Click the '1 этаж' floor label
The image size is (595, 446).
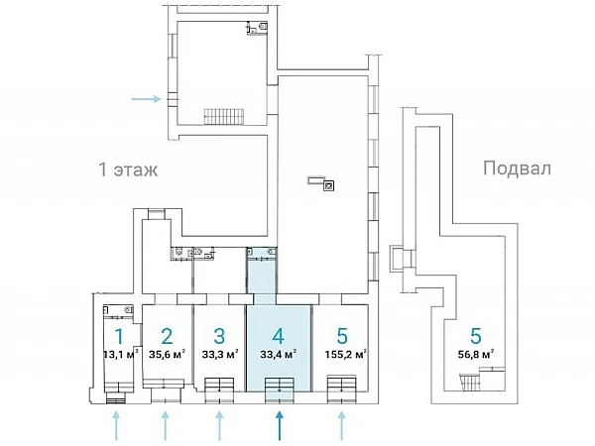(128, 168)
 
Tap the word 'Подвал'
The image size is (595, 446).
(515, 168)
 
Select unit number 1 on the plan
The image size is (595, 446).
(119, 336)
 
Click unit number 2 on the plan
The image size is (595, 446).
(167, 336)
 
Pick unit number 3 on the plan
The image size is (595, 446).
(219, 336)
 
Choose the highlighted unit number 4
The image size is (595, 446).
(280, 336)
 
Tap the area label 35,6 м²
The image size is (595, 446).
(167, 353)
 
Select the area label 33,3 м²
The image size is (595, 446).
(219, 353)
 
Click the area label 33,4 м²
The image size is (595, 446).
(280, 353)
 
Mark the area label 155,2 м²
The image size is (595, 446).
(343, 353)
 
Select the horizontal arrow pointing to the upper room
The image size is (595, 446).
(146, 98)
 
